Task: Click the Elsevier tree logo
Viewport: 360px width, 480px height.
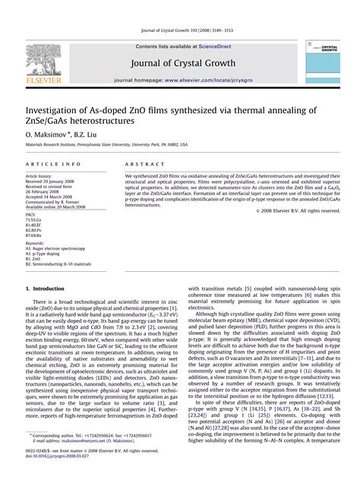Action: click(x=43, y=57)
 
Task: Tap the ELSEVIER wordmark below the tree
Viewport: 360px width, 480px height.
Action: click(x=43, y=78)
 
